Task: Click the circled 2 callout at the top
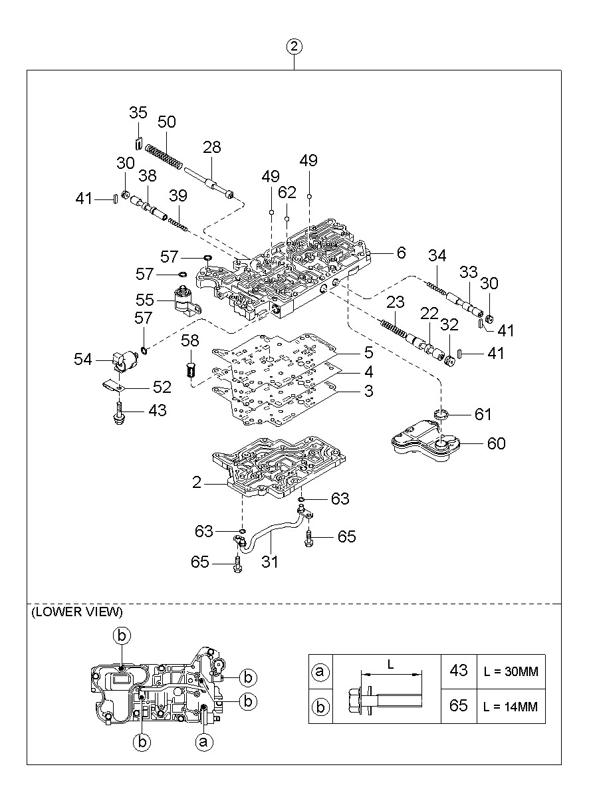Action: coord(294,47)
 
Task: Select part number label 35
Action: coord(138,112)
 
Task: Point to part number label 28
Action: coord(211,147)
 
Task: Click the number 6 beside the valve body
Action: coord(402,253)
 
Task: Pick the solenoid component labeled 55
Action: coord(187,301)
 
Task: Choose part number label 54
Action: coord(83,359)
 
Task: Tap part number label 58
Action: coord(190,340)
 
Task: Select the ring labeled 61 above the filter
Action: coord(440,415)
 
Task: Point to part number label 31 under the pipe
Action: coord(269,562)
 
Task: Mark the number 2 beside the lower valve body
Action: coord(197,483)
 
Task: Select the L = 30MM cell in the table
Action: coord(511,671)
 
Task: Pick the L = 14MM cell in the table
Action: coord(511,707)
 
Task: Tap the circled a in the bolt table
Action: coord(320,671)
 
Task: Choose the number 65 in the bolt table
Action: coord(459,706)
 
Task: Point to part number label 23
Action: coord(396,302)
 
